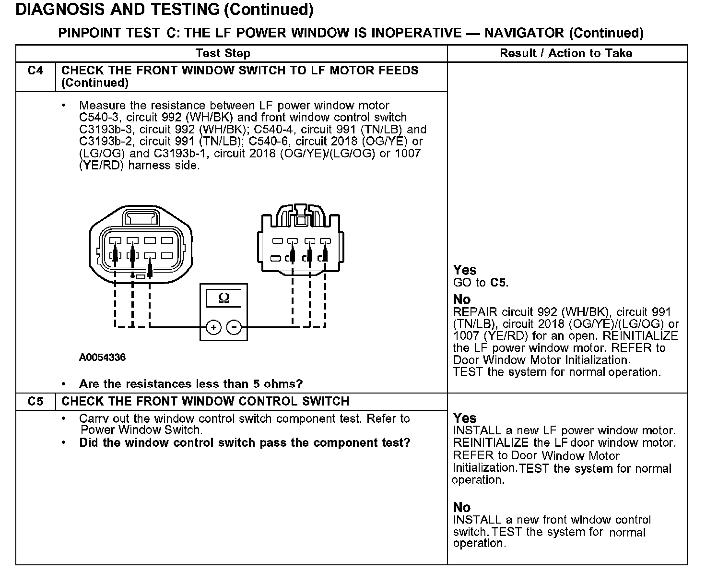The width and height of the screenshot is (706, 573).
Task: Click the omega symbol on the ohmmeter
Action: click(224, 298)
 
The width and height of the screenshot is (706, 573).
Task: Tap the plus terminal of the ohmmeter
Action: click(213, 328)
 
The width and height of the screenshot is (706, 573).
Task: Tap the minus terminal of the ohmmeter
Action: click(234, 328)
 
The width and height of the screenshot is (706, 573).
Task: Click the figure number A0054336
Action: click(102, 358)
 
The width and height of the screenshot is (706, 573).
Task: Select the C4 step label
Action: click(35, 71)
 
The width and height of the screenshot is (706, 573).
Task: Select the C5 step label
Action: click(35, 401)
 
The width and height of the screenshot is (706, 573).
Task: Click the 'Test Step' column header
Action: click(223, 53)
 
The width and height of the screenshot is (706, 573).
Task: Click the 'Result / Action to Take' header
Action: click(566, 53)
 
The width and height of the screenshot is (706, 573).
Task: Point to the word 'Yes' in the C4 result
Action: click(465, 270)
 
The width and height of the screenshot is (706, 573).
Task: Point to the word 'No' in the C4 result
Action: click(462, 300)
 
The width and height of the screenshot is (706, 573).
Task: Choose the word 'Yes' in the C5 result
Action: click(465, 418)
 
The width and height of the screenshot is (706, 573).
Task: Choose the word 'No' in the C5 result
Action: click(462, 507)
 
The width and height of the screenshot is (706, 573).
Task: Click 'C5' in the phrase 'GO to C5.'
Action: click(499, 283)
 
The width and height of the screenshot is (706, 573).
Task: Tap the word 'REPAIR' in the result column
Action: click(475, 312)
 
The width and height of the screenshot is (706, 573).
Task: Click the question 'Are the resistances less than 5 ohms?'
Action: click(191, 384)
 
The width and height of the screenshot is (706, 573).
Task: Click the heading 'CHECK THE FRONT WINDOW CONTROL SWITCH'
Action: click(205, 401)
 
